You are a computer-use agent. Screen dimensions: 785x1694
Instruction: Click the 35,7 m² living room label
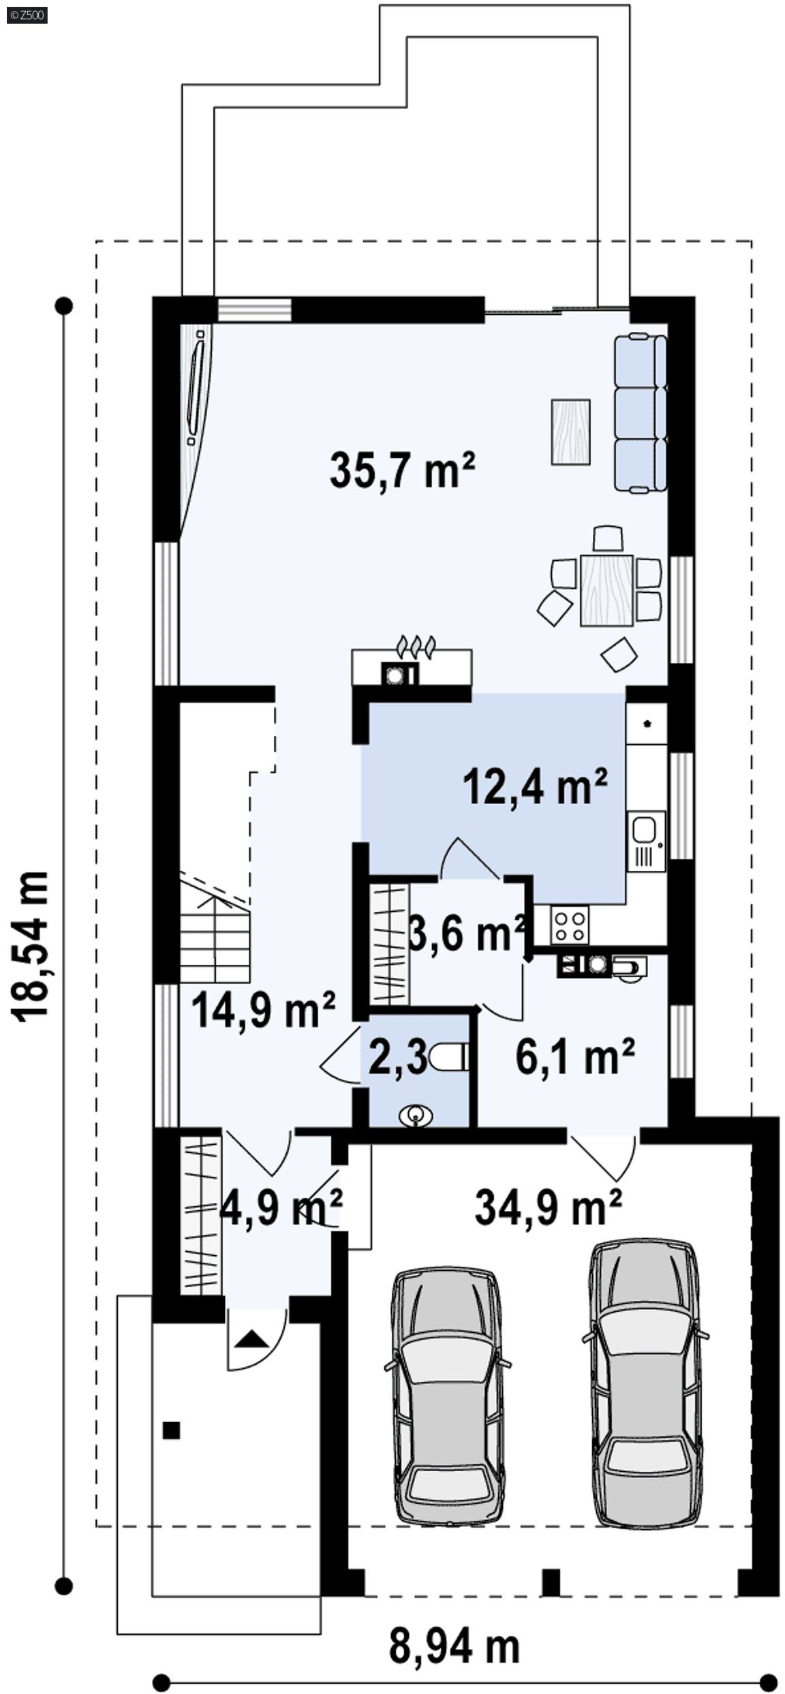(402, 469)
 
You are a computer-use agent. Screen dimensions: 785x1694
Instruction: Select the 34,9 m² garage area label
(548, 1207)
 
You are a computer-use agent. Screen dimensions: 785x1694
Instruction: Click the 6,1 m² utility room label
(576, 1056)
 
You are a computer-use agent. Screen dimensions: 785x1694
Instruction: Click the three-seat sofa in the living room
(640, 412)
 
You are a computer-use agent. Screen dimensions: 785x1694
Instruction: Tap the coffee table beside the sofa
(570, 432)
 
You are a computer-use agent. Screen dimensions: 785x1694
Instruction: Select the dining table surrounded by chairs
(606, 590)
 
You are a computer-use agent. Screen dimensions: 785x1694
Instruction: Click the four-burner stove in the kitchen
(571, 925)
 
